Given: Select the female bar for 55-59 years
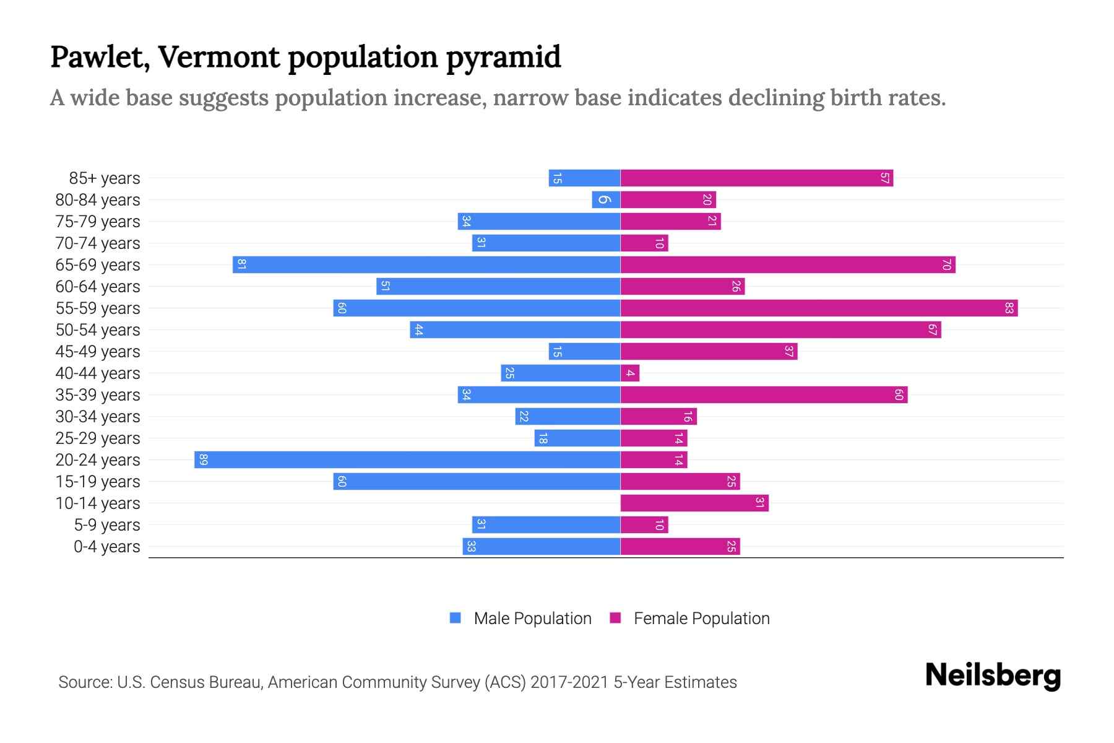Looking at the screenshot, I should [818, 308].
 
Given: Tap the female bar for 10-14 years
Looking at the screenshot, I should [694, 503].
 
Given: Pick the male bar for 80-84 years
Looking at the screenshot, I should [606, 199].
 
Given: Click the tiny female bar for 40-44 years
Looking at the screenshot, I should [629, 373].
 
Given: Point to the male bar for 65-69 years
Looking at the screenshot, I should [426, 264].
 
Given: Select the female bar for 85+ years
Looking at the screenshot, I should [756, 178].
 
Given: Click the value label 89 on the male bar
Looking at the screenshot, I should [204, 459].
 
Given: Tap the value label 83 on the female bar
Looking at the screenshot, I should [1009, 308].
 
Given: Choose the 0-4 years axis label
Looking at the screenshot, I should [106, 547].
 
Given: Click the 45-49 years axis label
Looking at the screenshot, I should [98, 352].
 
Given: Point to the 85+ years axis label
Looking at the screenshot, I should [104, 178].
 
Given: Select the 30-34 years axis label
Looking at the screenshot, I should [98, 417].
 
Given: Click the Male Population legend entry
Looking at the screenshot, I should [532, 618].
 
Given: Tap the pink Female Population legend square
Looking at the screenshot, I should [615, 618].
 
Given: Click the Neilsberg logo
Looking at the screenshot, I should [993, 675].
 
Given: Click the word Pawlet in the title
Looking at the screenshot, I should [99, 57].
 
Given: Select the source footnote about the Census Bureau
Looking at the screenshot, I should [397, 682].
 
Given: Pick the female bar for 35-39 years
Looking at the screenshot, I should [764, 394].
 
